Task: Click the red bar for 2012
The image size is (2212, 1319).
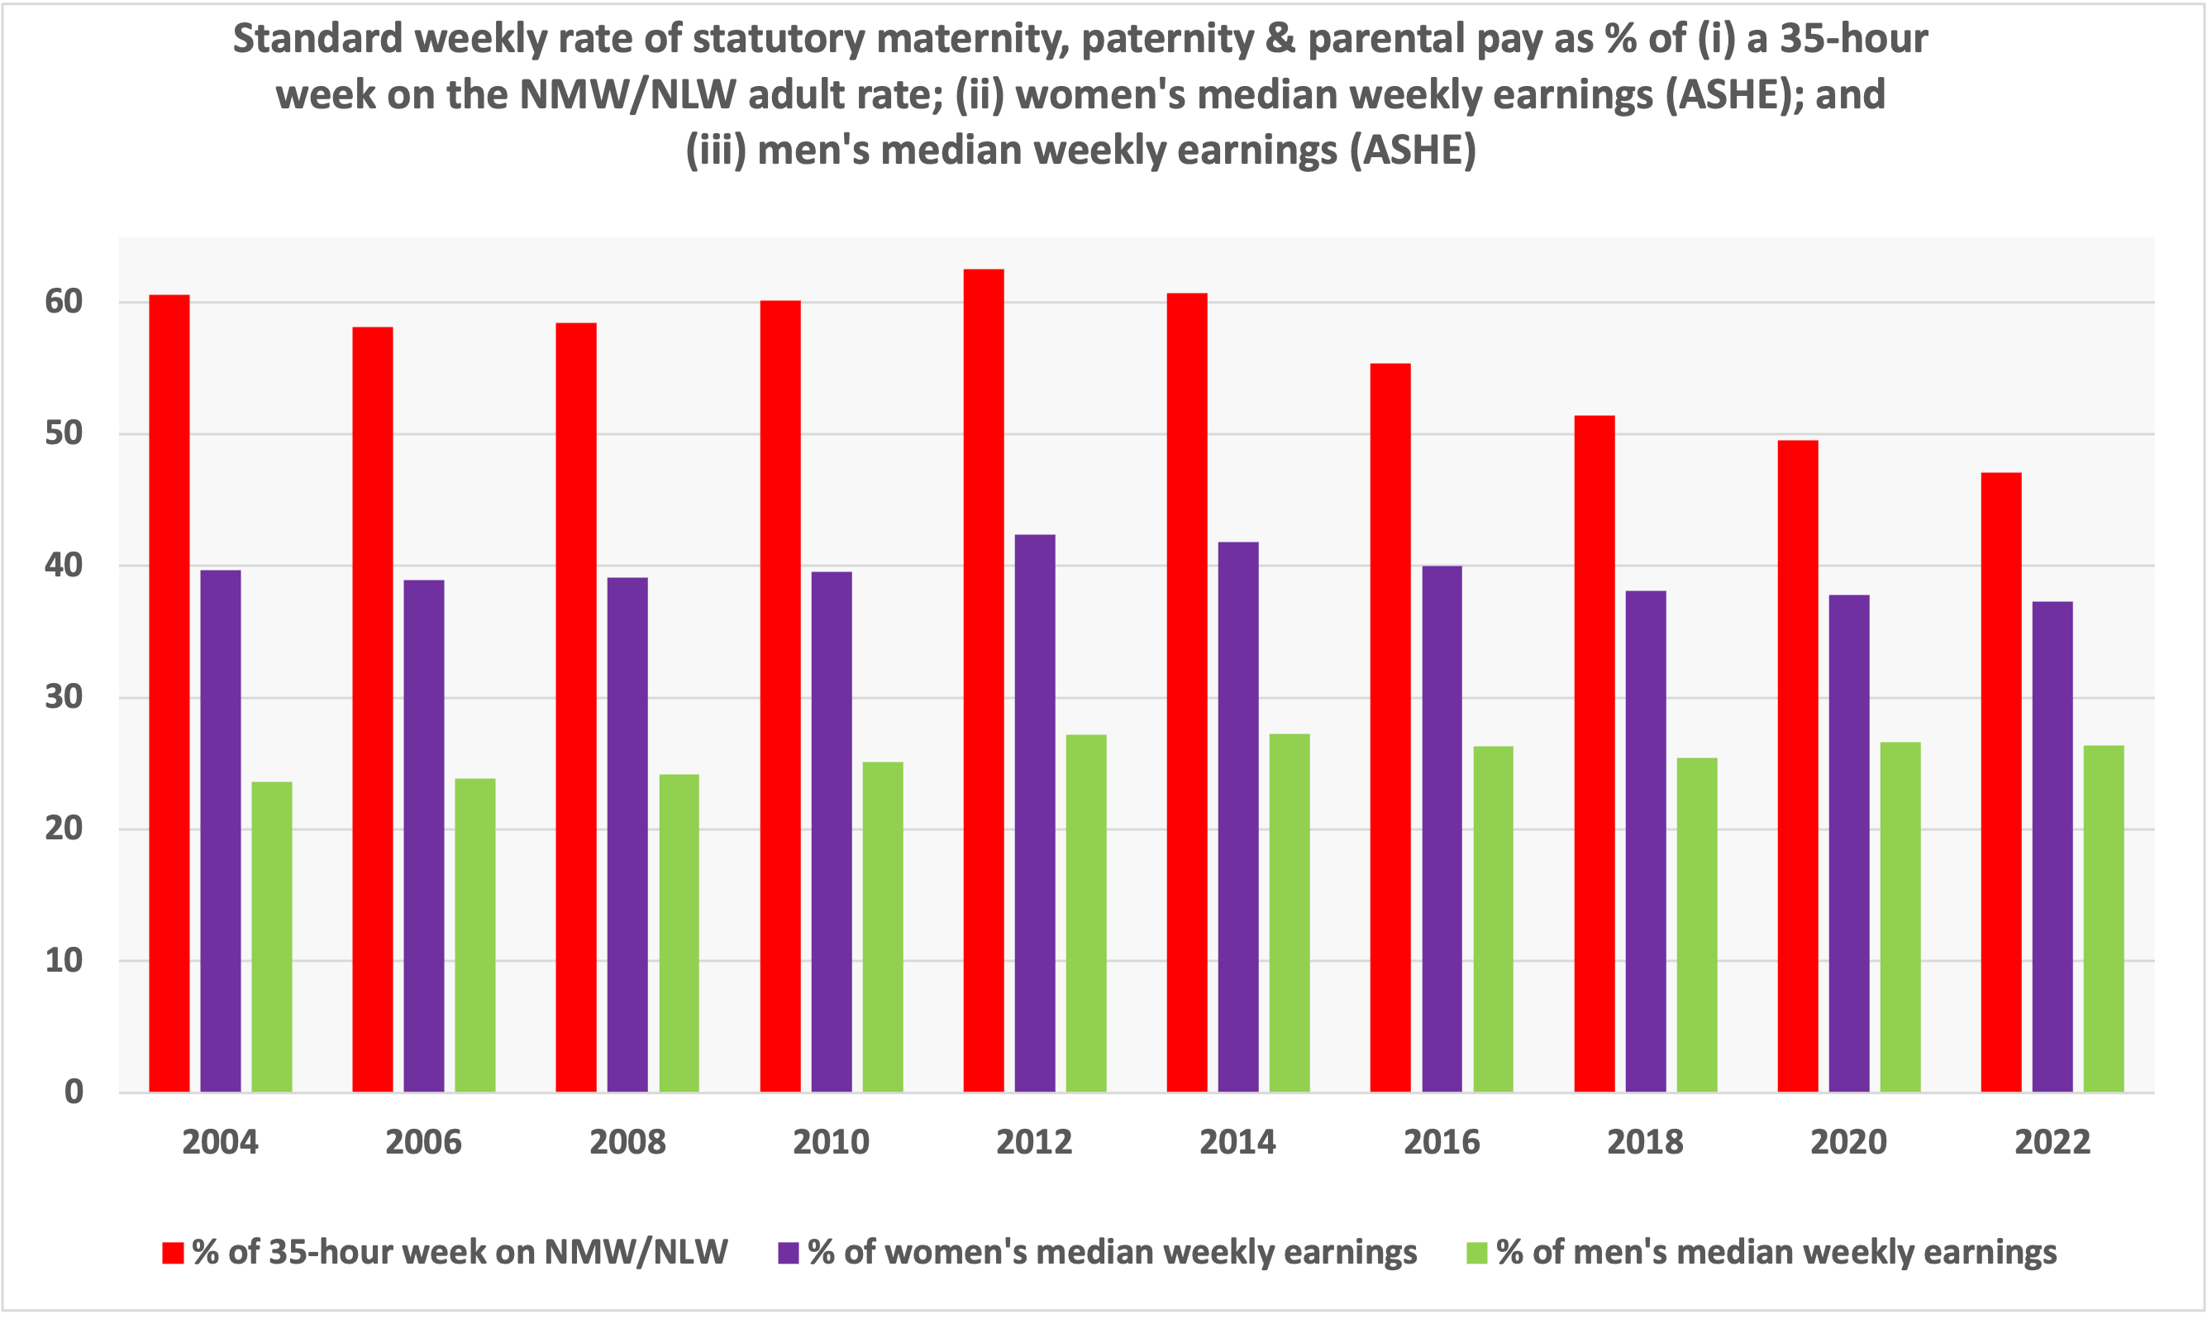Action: pyautogui.click(x=984, y=680)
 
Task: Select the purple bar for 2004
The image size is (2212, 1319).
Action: pyautogui.click(x=221, y=831)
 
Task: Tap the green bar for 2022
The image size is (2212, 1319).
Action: pyautogui.click(x=2104, y=918)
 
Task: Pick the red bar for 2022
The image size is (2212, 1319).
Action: pyautogui.click(x=2001, y=782)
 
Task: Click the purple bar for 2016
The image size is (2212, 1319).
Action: pyautogui.click(x=1442, y=829)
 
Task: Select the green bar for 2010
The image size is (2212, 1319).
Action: pyautogui.click(x=883, y=926)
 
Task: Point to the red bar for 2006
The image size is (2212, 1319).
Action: pyautogui.click(x=372, y=710)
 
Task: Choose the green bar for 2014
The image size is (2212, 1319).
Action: pyautogui.click(x=1290, y=913)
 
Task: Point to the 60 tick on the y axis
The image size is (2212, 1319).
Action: pyautogui.click(x=63, y=301)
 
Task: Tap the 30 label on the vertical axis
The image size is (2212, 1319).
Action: pyautogui.click(x=63, y=697)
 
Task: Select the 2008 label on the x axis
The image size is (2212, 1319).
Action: pyautogui.click(x=627, y=1142)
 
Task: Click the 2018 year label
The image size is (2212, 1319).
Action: pyautogui.click(x=1645, y=1142)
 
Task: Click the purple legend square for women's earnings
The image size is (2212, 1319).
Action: pyautogui.click(x=788, y=1253)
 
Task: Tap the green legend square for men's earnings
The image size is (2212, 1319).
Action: pyautogui.click(x=1476, y=1253)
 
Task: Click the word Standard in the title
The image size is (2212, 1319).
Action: pyautogui.click(x=318, y=39)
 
